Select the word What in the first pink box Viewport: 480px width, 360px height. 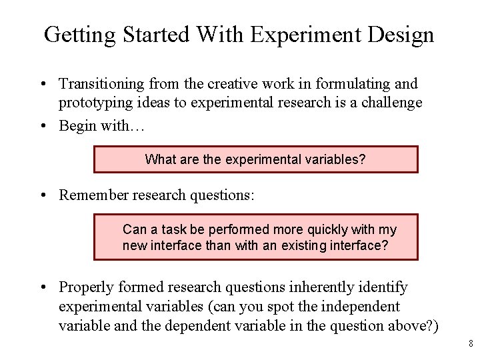click(x=159, y=159)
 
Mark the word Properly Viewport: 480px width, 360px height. click(x=86, y=288)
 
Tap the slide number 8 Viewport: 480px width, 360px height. click(x=471, y=344)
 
